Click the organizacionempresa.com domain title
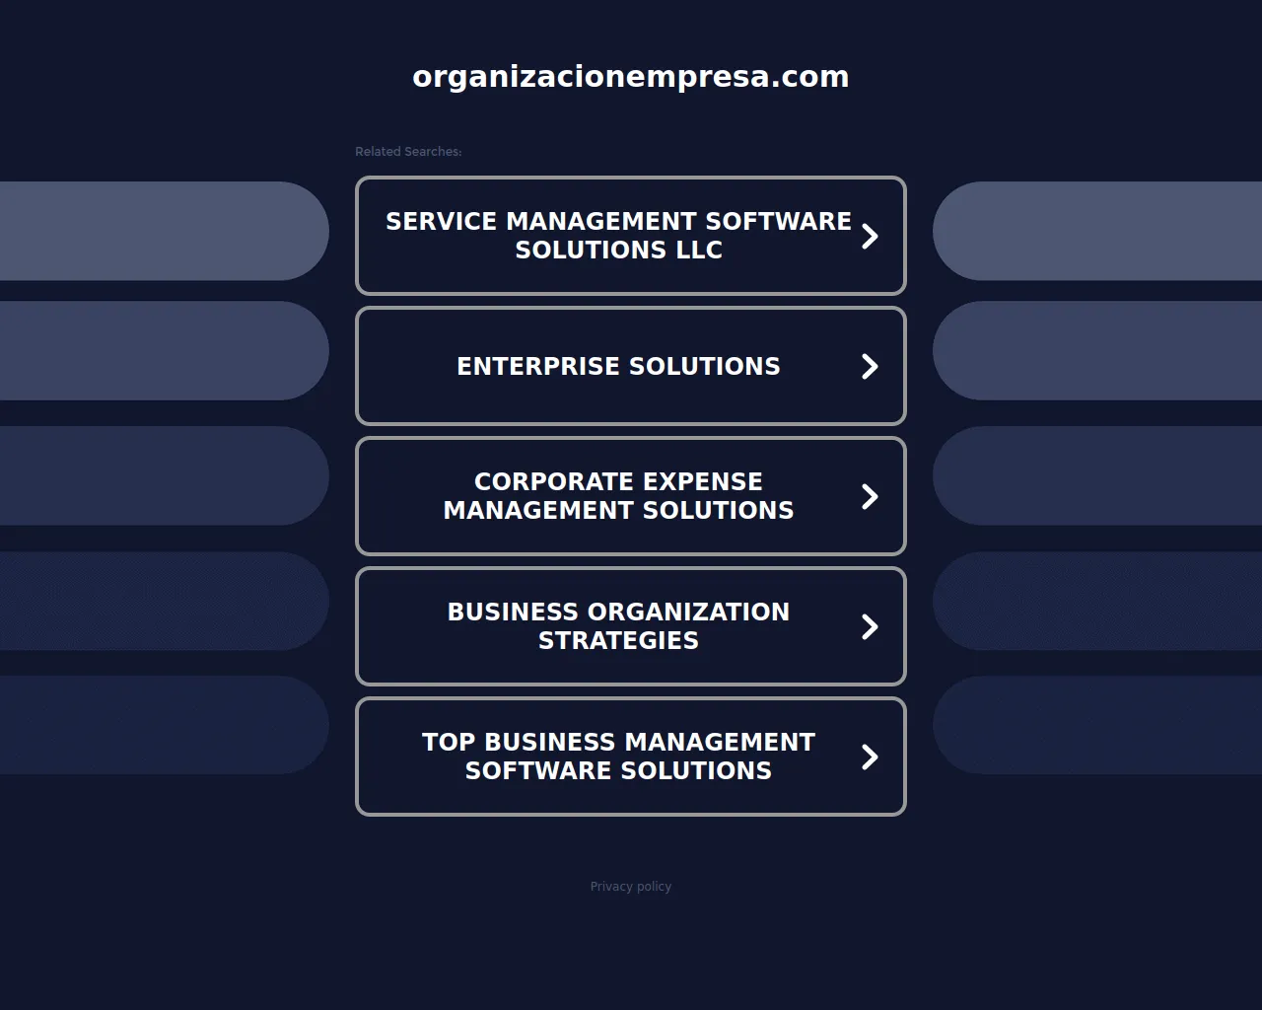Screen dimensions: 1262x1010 [x=630, y=78]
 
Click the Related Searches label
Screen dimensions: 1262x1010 [x=408, y=152]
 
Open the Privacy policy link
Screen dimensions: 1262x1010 [x=630, y=886]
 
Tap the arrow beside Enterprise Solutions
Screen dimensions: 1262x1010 [x=870, y=366]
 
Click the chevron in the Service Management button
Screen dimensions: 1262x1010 [x=870, y=236]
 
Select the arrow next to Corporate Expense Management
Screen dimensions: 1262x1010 [x=870, y=496]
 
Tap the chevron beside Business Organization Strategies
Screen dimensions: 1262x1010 [x=870, y=626]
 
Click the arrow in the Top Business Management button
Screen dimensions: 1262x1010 [x=870, y=757]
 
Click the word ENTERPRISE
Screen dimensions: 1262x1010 [x=538, y=366]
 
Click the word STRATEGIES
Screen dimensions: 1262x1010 [x=619, y=640]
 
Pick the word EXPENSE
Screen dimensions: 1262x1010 [x=695, y=481]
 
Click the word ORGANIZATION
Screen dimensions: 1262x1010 [x=688, y=613]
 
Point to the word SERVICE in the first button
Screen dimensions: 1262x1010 [x=441, y=221]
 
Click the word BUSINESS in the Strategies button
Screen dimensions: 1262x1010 [x=513, y=613]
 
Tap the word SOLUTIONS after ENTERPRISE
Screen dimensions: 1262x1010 [x=705, y=366]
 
